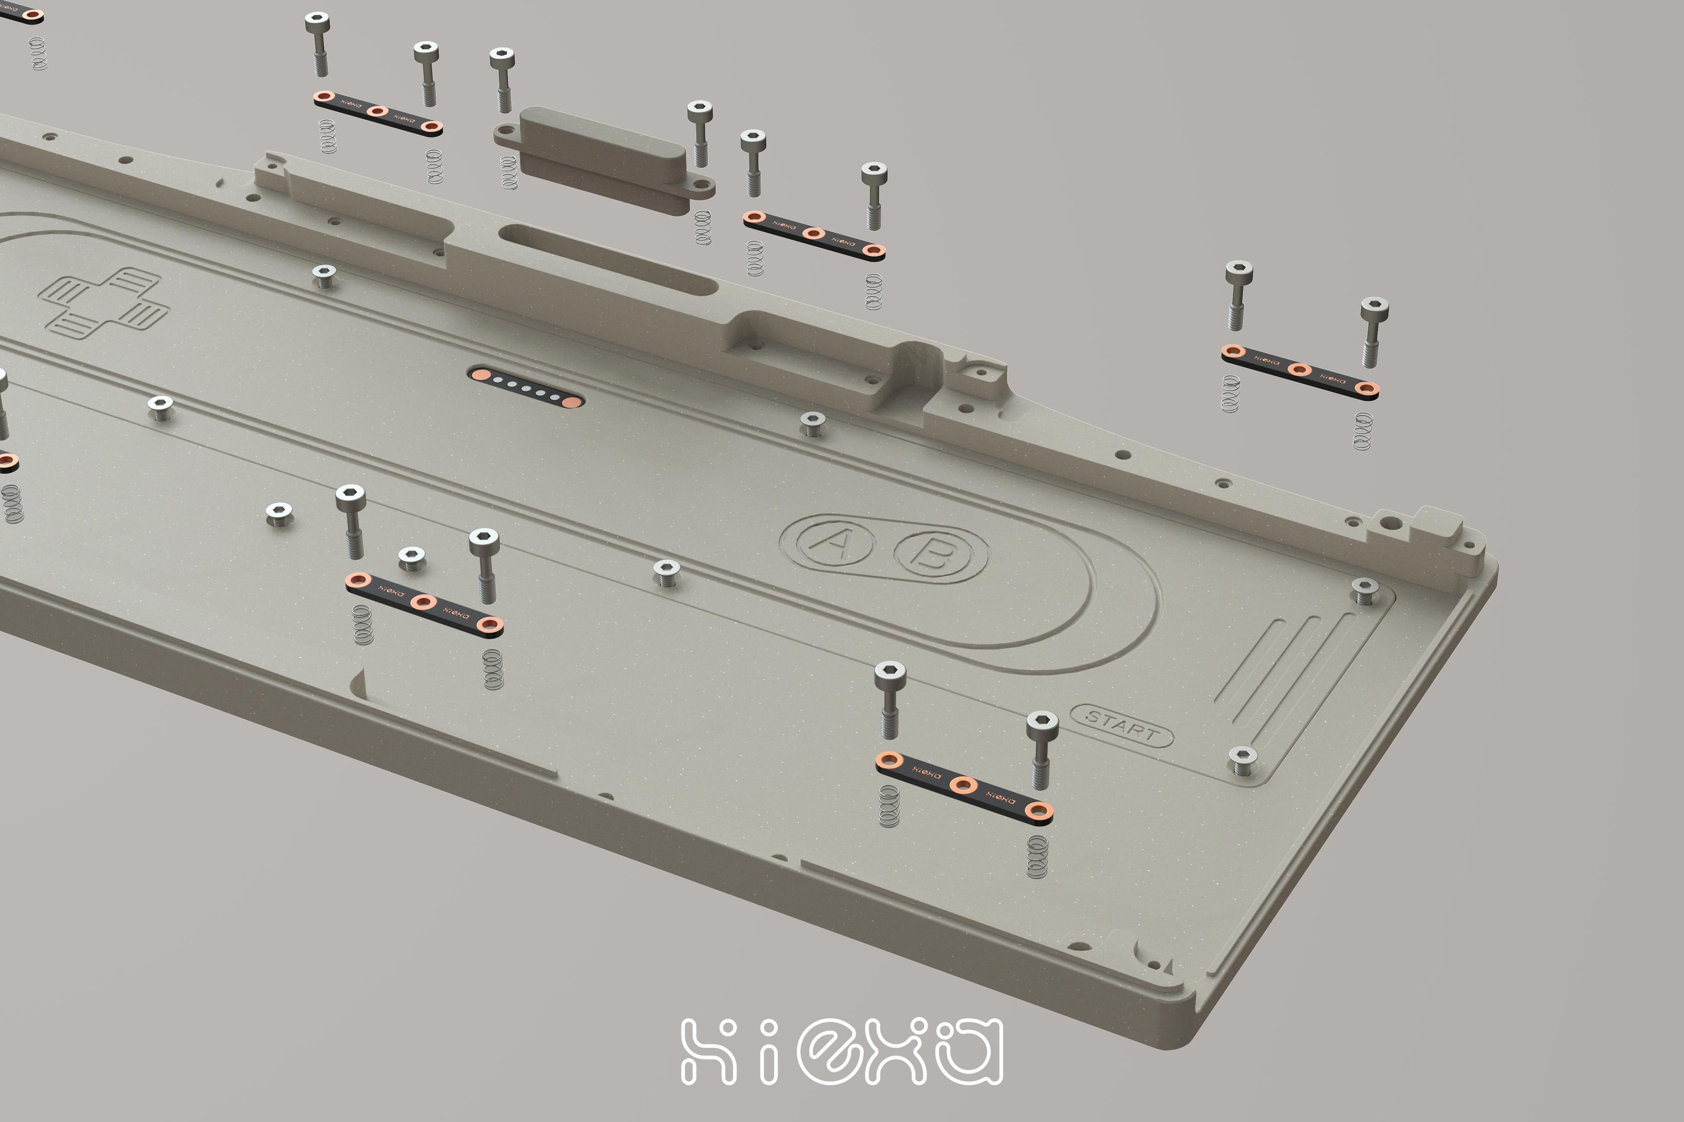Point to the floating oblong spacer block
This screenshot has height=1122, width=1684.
coord(603,159)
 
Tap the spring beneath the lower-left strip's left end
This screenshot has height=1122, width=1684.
coord(363,624)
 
